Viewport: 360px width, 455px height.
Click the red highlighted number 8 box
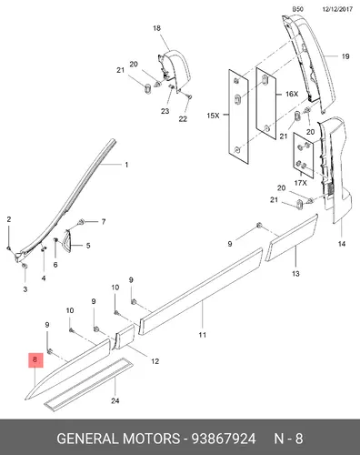[x=35, y=360]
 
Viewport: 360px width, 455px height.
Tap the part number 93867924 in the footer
[x=224, y=439]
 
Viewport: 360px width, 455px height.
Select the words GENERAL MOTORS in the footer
[x=118, y=439]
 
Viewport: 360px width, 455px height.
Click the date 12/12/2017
[x=337, y=9]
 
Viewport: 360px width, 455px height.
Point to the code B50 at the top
[x=297, y=9]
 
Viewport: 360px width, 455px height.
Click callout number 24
[x=115, y=400]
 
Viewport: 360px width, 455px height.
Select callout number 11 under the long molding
[x=203, y=335]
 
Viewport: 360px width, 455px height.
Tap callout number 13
[x=295, y=274]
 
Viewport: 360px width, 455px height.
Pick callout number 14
[x=342, y=244]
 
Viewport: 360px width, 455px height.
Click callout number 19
[x=345, y=56]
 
